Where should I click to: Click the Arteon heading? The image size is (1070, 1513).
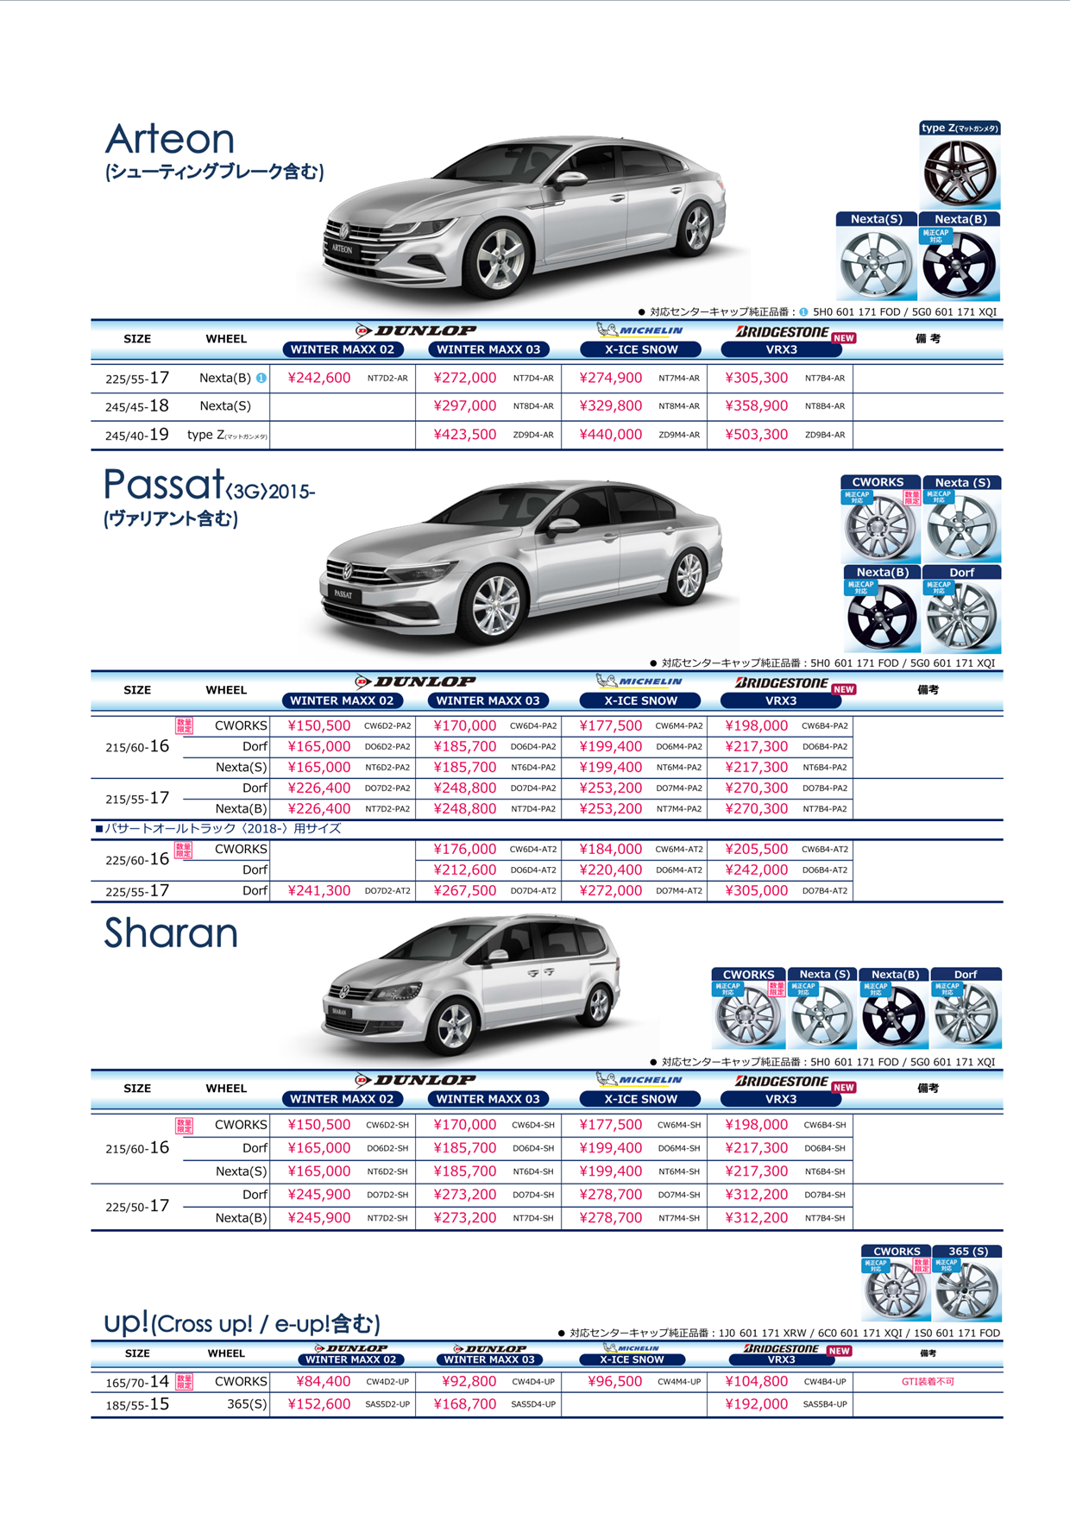[x=170, y=139]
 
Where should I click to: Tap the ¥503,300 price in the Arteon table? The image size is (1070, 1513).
[x=756, y=435]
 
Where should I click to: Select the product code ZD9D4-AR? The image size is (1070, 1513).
[x=533, y=435]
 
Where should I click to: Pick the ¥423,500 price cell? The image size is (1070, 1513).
[x=464, y=435]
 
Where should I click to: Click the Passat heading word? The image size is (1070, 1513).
[x=163, y=485]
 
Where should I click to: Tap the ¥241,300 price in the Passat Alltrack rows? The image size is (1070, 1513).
[x=318, y=891]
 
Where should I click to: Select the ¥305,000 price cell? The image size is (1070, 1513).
[x=756, y=891]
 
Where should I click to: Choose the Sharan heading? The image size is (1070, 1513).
[x=171, y=933]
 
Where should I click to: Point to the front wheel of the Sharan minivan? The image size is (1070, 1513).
[x=454, y=1025]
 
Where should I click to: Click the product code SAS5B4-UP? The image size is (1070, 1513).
[x=825, y=1404]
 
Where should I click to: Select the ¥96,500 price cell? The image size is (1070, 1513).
[x=614, y=1381]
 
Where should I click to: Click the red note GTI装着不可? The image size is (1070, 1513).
[x=928, y=1381]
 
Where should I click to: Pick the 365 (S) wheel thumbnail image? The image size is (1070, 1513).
[x=967, y=1290]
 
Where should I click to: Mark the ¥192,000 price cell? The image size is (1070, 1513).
[x=756, y=1404]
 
